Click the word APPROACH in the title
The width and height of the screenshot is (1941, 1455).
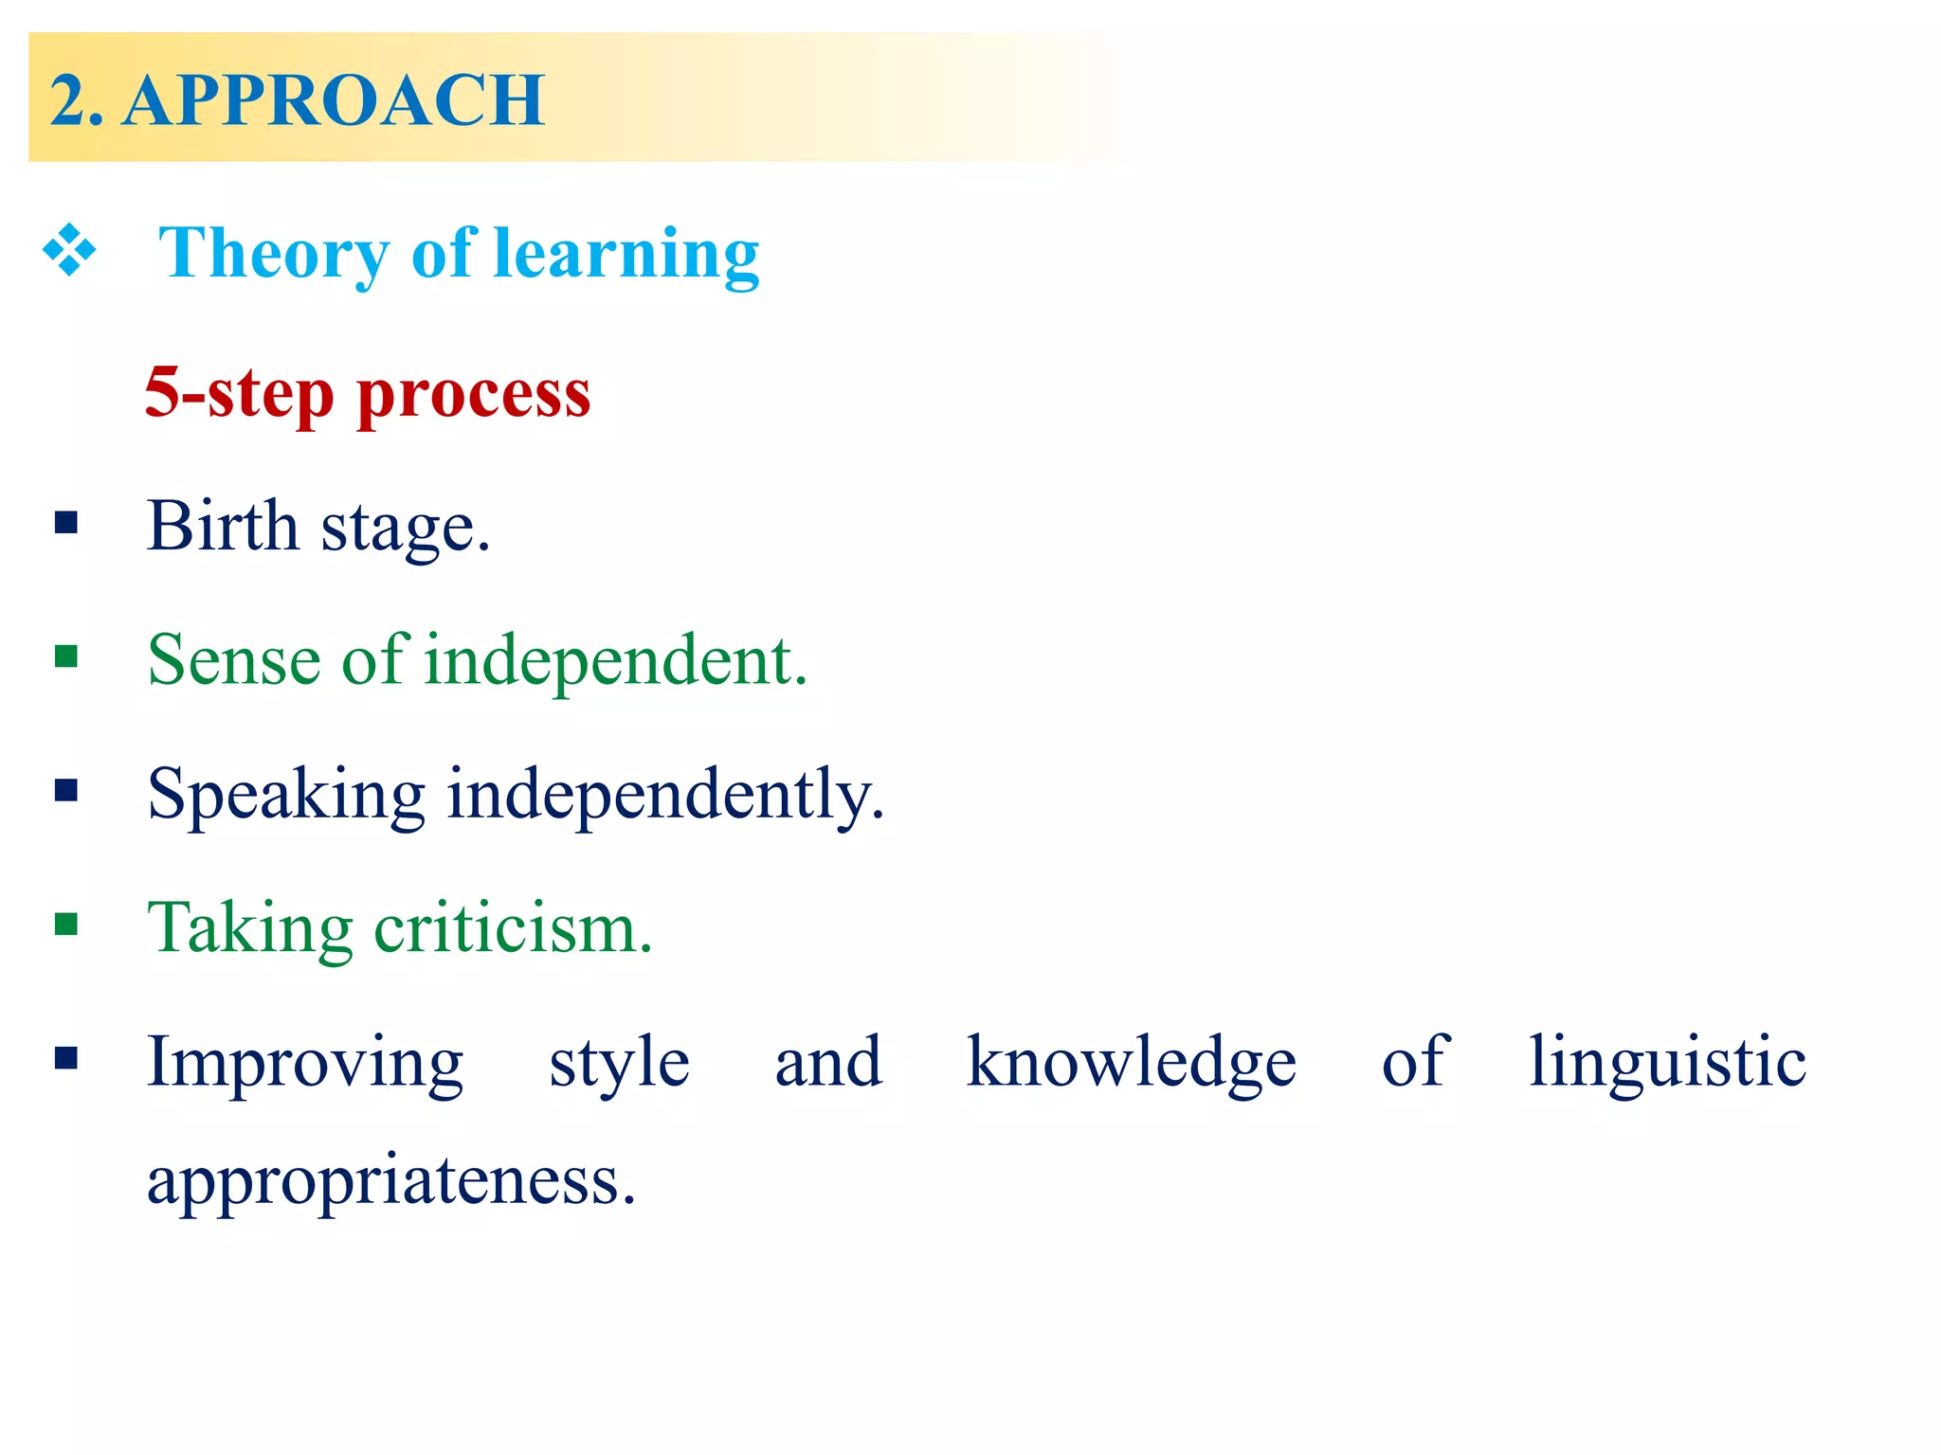click(334, 99)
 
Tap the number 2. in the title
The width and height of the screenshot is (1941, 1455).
click(76, 99)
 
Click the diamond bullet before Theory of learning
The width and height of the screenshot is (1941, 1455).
click(69, 251)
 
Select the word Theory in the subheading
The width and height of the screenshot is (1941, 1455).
click(273, 254)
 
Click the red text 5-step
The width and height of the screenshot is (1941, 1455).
click(239, 392)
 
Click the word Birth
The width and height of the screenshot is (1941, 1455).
click(223, 526)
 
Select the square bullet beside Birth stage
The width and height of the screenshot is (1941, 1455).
click(66, 522)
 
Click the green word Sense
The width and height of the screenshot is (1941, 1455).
click(234, 660)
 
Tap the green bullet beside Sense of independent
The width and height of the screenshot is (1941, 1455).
click(66, 656)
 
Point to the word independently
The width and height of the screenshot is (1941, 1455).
click(664, 796)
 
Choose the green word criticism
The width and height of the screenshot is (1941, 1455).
click(512, 928)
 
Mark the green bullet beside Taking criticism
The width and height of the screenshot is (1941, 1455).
click(66, 924)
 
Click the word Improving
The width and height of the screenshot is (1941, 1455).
click(305, 1064)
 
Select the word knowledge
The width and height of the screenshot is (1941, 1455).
click(1131, 1064)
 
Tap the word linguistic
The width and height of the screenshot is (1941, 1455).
click(1667, 1064)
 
